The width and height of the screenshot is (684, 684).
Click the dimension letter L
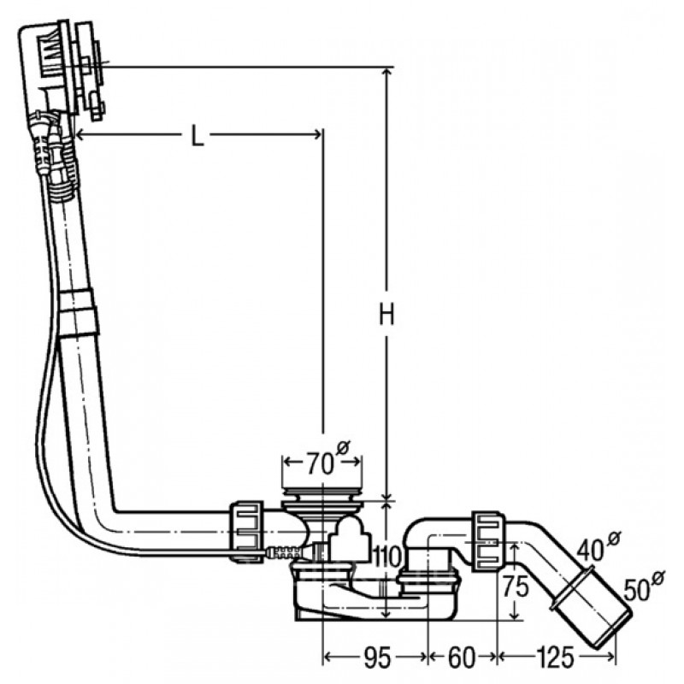(198, 136)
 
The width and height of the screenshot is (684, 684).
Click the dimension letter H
(387, 315)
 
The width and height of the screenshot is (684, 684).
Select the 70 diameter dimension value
(320, 463)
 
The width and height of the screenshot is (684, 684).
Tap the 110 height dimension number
(386, 557)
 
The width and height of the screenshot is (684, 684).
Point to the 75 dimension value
(516, 586)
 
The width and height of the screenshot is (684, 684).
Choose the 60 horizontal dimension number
(461, 658)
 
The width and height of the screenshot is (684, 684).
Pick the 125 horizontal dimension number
(555, 658)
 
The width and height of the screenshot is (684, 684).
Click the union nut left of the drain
(246, 531)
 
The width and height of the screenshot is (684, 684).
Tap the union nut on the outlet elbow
(487, 542)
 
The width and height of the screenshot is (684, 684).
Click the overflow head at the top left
(61, 66)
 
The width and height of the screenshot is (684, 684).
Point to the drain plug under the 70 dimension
(322, 500)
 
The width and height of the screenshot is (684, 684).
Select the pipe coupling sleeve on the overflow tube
(78, 313)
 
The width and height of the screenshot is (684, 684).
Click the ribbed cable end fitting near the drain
(284, 553)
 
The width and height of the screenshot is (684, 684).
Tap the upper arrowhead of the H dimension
(386, 73)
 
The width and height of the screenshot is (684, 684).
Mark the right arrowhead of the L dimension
(316, 135)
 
